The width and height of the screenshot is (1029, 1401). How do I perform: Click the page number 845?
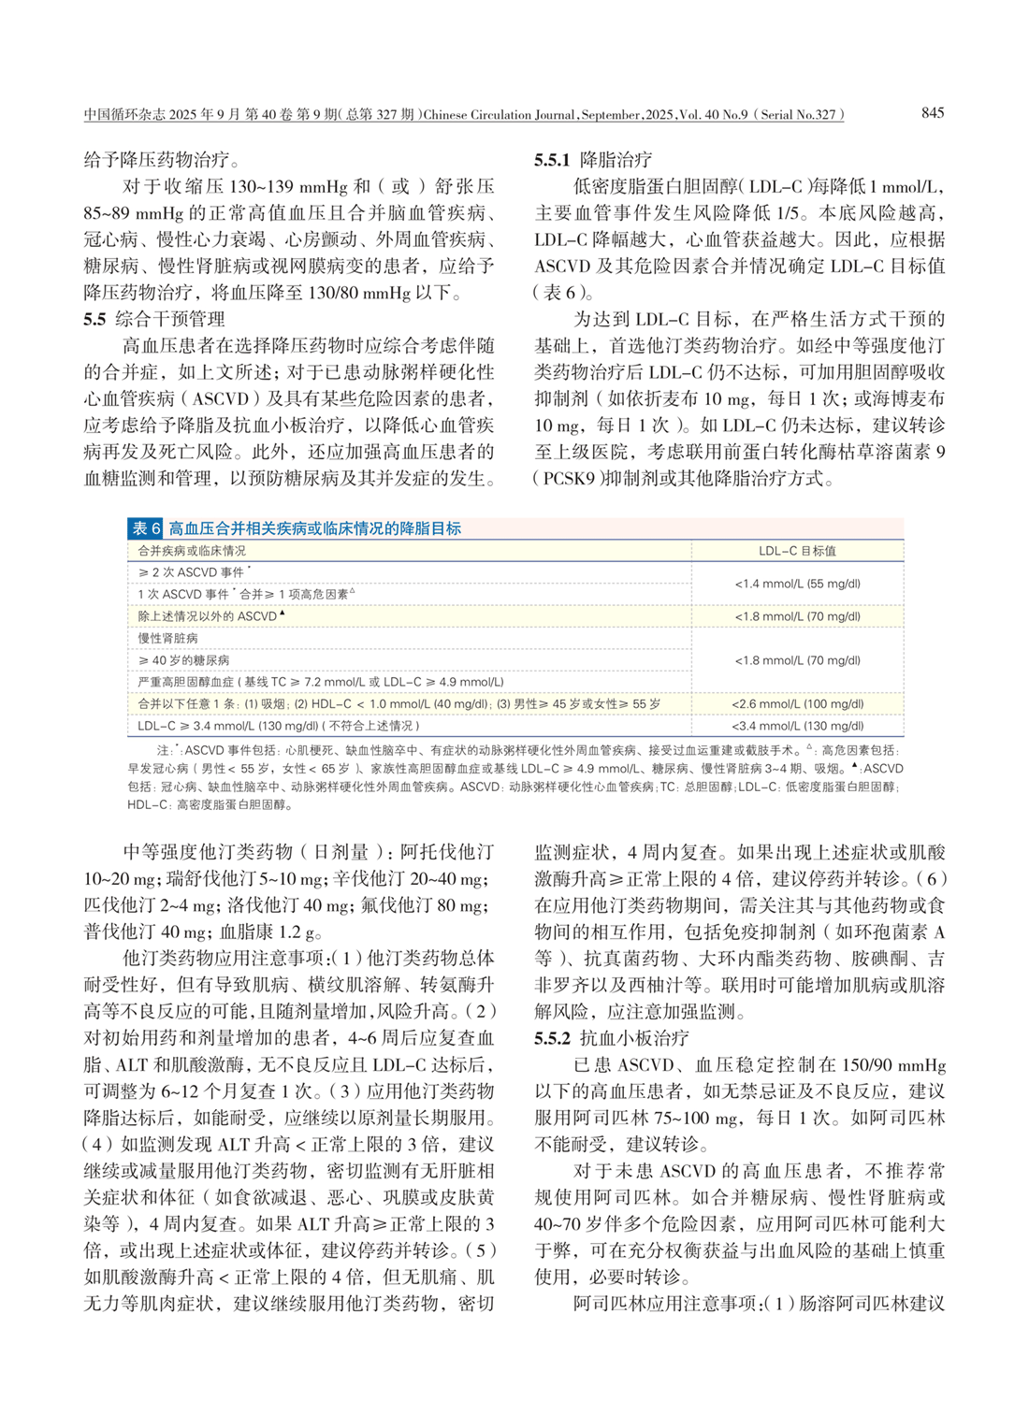click(932, 113)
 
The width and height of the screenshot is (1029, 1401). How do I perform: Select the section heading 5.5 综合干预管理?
click(154, 319)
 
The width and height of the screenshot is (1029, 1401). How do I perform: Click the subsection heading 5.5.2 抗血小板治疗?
click(612, 1038)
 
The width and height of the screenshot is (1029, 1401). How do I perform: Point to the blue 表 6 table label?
click(146, 528)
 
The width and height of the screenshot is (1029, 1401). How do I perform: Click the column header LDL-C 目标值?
click(797, 551)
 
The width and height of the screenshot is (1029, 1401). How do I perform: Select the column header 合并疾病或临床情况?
click(192, 551)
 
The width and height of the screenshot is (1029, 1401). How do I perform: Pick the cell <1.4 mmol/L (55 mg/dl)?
click(797, 584)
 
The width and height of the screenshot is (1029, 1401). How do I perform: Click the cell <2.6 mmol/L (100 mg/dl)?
click(797, 704)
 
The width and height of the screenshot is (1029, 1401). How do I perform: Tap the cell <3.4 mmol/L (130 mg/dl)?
click(797, 726)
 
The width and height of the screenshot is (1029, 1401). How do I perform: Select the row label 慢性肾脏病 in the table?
click(167, 638)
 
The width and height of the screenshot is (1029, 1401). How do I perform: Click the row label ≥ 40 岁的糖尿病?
click(183, 660)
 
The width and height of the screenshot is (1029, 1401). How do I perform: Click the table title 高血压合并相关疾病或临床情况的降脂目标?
click(315, 528)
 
